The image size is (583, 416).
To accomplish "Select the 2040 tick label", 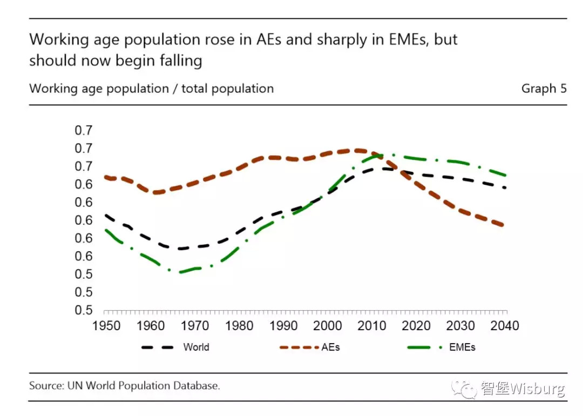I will point(505,326).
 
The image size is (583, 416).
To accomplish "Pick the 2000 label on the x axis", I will point(328,326).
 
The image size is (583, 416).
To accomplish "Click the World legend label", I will point(196,347).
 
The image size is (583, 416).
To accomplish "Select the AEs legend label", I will point(330,347).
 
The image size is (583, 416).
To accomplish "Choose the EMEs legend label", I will point(462,347).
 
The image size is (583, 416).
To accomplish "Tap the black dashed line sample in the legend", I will point(157,347).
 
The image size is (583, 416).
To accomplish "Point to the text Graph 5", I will point(544,89).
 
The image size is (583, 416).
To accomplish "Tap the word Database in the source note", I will point(196,386).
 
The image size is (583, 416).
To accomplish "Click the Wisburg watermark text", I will point(538,388).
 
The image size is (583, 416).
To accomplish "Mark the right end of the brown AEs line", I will point(503,225).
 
